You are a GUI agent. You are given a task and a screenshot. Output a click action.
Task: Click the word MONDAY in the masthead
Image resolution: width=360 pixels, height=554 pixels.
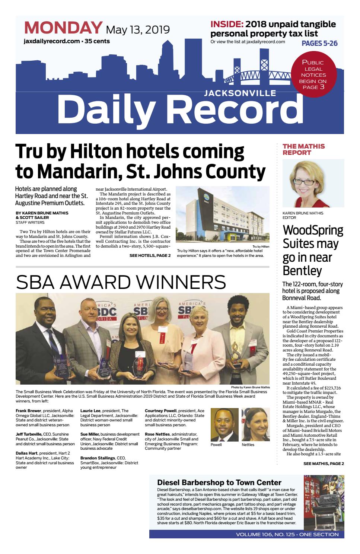coord(63,28)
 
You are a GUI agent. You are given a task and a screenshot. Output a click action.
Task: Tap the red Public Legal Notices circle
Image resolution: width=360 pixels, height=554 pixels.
coord(314,74)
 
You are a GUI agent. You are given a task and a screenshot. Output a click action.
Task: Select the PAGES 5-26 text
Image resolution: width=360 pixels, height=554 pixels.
coord(319,44)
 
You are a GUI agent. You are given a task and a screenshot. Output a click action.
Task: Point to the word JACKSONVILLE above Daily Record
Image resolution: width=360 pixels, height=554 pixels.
coord(240,93)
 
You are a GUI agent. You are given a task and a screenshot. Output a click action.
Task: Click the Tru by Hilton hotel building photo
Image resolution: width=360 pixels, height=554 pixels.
coord(222,214)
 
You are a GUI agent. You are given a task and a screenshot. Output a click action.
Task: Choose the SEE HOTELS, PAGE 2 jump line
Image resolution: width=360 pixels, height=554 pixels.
coord(150,255)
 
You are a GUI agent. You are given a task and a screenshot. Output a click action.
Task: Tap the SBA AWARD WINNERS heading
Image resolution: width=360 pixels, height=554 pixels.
coord(121,282)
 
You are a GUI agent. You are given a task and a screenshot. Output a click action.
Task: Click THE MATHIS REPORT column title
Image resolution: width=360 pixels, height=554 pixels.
coord(303,149)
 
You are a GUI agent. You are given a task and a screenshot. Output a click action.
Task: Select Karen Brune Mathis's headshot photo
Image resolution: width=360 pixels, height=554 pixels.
coord(313,184)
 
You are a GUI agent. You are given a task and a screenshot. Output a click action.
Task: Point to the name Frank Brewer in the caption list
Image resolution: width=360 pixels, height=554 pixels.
coord(28,411)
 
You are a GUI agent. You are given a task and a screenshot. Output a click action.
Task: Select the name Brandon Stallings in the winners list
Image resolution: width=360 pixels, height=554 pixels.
coord(98,458)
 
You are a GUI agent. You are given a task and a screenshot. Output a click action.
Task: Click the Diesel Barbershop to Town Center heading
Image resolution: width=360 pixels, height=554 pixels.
coord(219,483)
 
